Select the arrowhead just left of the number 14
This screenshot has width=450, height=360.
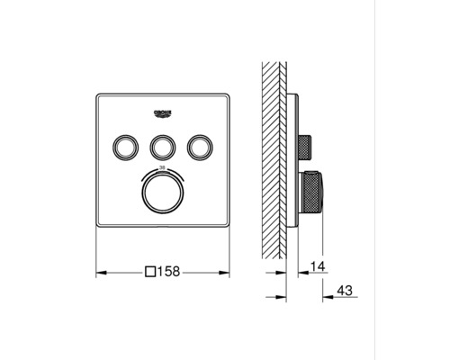pos(303,267)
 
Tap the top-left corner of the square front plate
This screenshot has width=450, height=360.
pos(97,93)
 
